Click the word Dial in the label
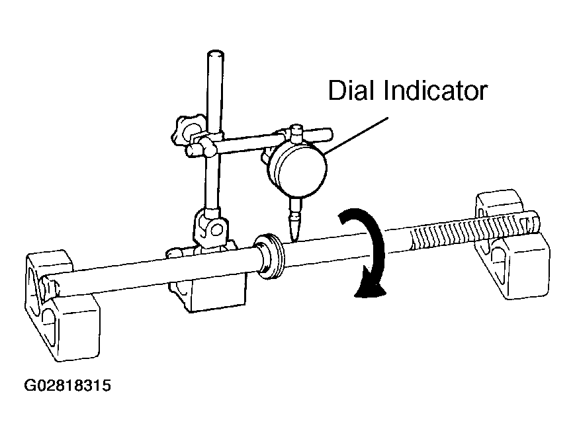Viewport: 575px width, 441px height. tap(353, 91)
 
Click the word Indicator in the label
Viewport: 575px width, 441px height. tap(435, 91)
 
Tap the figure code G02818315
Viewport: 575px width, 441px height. tap(67, 385)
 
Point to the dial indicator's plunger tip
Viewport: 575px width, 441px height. tap(294, 239)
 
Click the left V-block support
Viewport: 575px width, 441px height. tap(62, 305)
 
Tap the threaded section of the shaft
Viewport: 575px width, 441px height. tap(473, 230)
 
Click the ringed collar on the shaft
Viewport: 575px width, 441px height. tap(269, 257)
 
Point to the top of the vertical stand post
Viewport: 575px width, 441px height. tap(216, 54)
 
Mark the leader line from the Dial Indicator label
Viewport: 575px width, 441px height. tap(356, 135)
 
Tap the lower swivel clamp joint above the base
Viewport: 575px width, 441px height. tap(211, 229)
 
